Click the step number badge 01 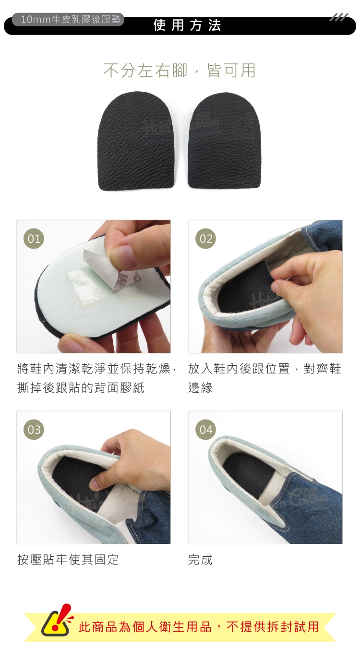point(34,239)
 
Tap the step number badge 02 point(206,239)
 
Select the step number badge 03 point(34,430)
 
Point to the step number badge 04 point(206,430)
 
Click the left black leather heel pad point(136,141)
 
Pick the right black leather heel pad point(225,141)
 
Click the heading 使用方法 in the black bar point(187,25)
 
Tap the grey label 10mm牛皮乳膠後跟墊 point(71,20)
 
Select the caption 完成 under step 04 point(201,560)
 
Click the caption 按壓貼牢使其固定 point(68,560)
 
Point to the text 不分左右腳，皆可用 point(180,71)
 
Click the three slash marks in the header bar point(339,17)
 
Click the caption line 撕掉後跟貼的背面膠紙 point(81,388)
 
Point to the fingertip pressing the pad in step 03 point(96,483)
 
